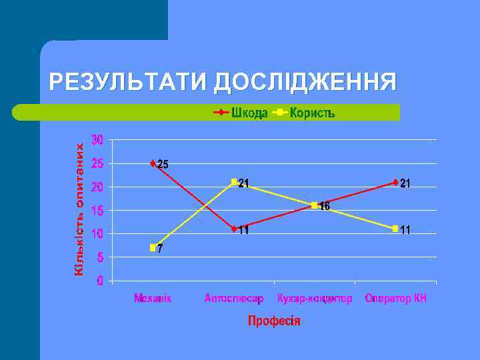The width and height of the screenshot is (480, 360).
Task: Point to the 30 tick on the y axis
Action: coord(97,140)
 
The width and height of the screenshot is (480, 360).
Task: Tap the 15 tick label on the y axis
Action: coord(97,211)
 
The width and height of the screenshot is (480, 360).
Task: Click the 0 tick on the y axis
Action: coord(100,281)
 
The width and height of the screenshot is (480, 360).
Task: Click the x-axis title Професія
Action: coord(274,321)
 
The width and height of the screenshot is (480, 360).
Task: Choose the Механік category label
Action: coord(153,298)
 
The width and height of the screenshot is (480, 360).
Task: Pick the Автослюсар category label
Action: coord(234,298)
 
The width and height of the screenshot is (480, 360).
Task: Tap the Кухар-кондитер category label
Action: coord(315,298)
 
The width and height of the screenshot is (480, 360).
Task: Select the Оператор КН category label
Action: coord(395,298)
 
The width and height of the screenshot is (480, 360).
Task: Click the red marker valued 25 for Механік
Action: coord(153,163)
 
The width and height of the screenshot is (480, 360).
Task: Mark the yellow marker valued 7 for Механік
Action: coord(153,247)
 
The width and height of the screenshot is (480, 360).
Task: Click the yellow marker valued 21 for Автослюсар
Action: coord(234,182)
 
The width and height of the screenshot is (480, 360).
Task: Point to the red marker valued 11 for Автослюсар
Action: coord(234,229)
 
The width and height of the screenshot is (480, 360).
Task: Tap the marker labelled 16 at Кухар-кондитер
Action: coord(315,205)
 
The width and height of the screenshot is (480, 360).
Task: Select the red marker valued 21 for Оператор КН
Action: coord(395,182)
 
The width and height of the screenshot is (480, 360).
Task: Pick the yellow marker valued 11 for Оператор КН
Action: coord(395,229)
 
